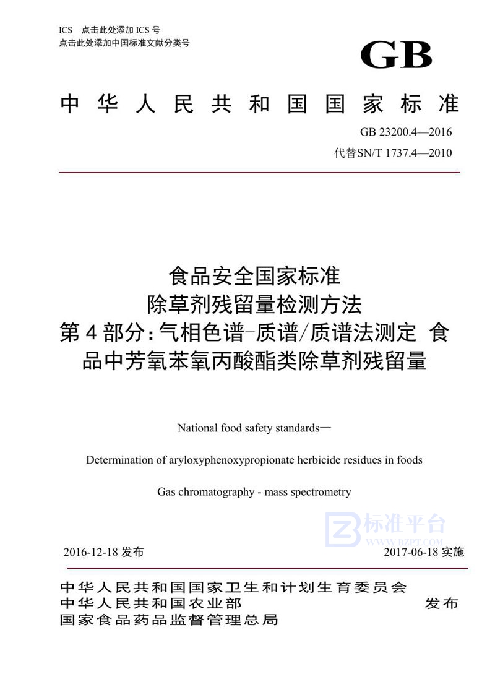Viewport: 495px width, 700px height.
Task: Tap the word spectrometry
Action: (x=321, y=493)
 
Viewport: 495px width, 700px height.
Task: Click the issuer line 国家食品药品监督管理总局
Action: (x=169, y=620)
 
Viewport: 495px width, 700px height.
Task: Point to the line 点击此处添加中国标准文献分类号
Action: (x=124, y=43)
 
